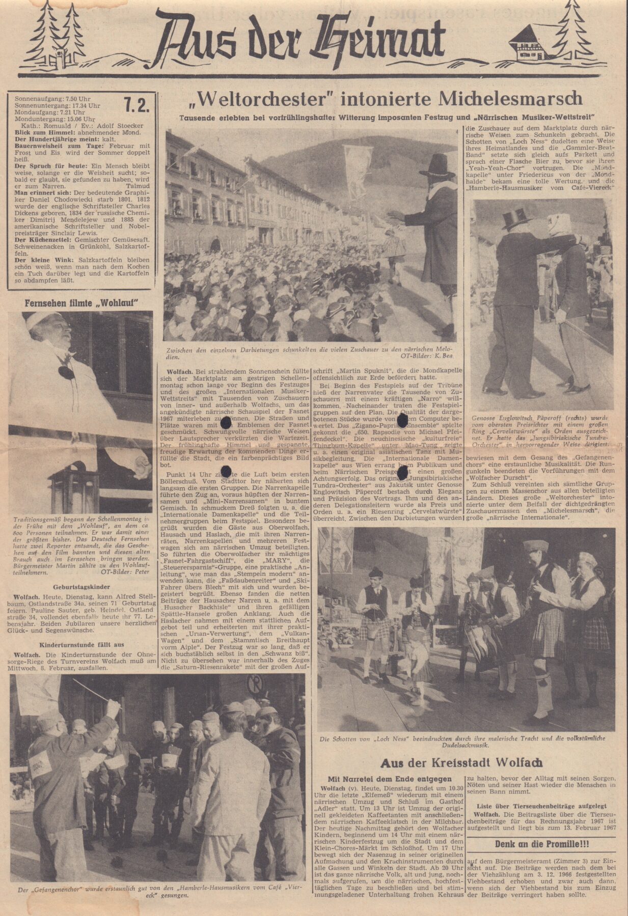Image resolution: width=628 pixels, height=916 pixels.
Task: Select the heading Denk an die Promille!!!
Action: pyautogui.click(x=542, y=844)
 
